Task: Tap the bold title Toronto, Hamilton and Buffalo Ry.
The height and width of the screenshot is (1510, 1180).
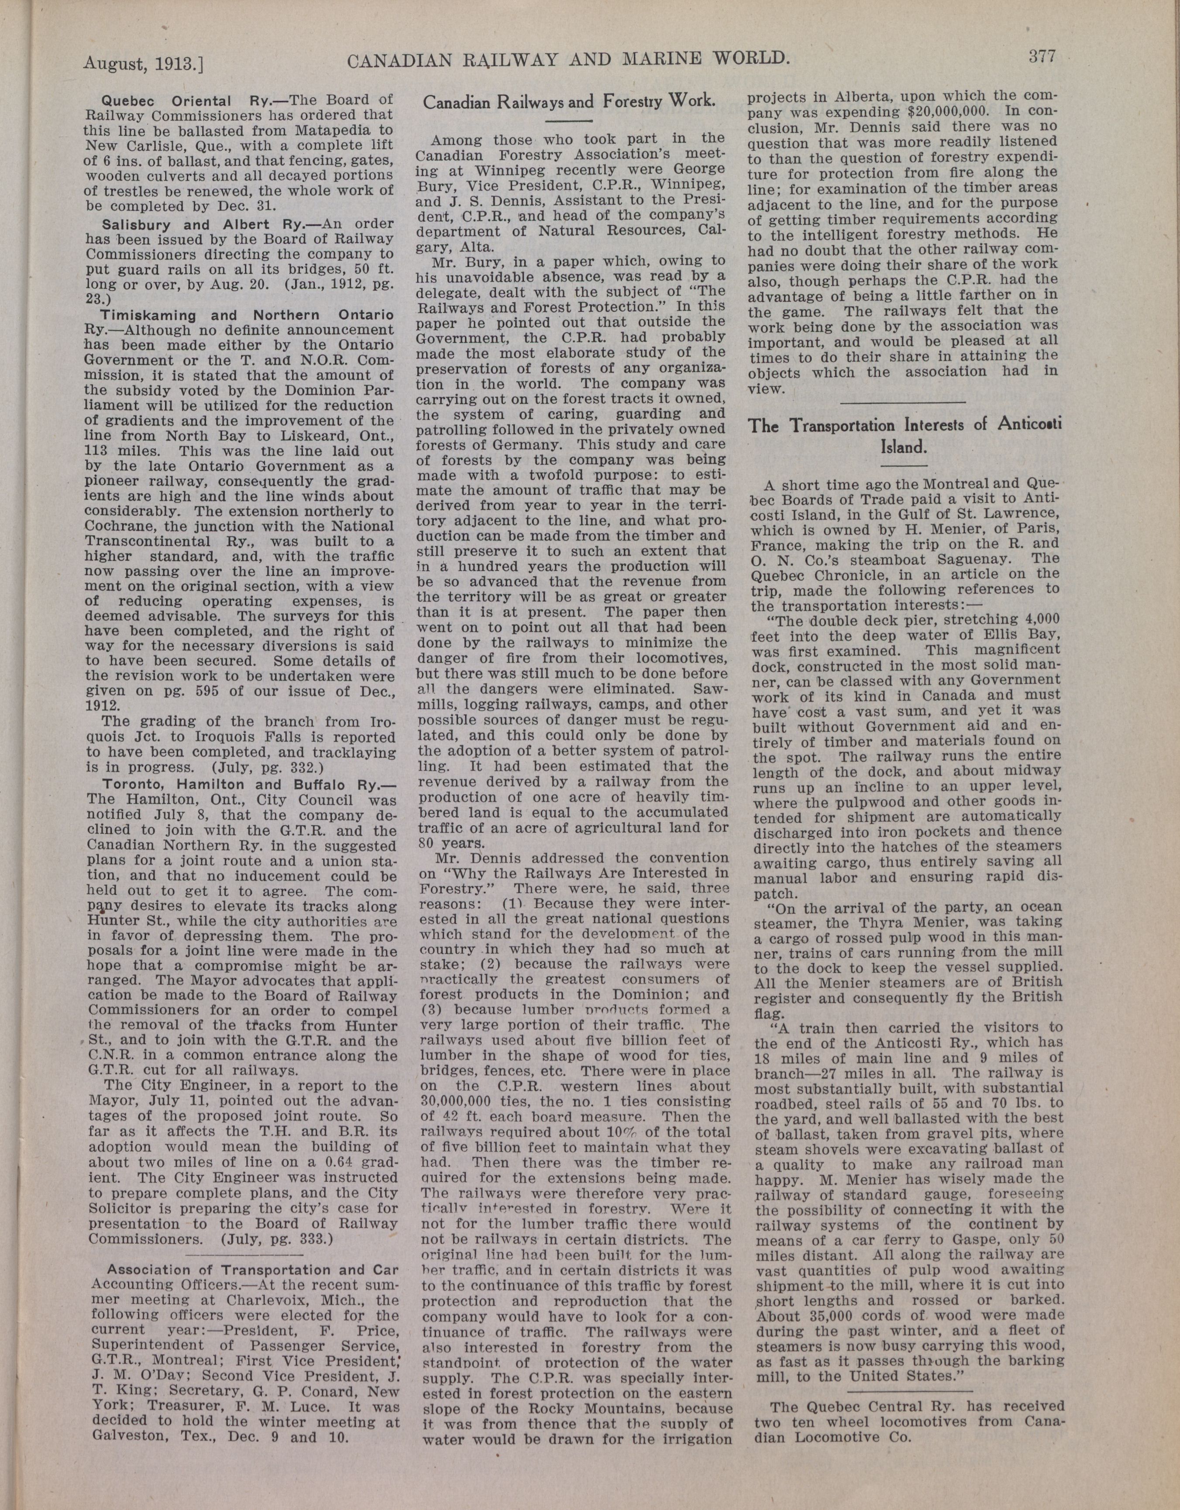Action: tap(240, 785)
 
